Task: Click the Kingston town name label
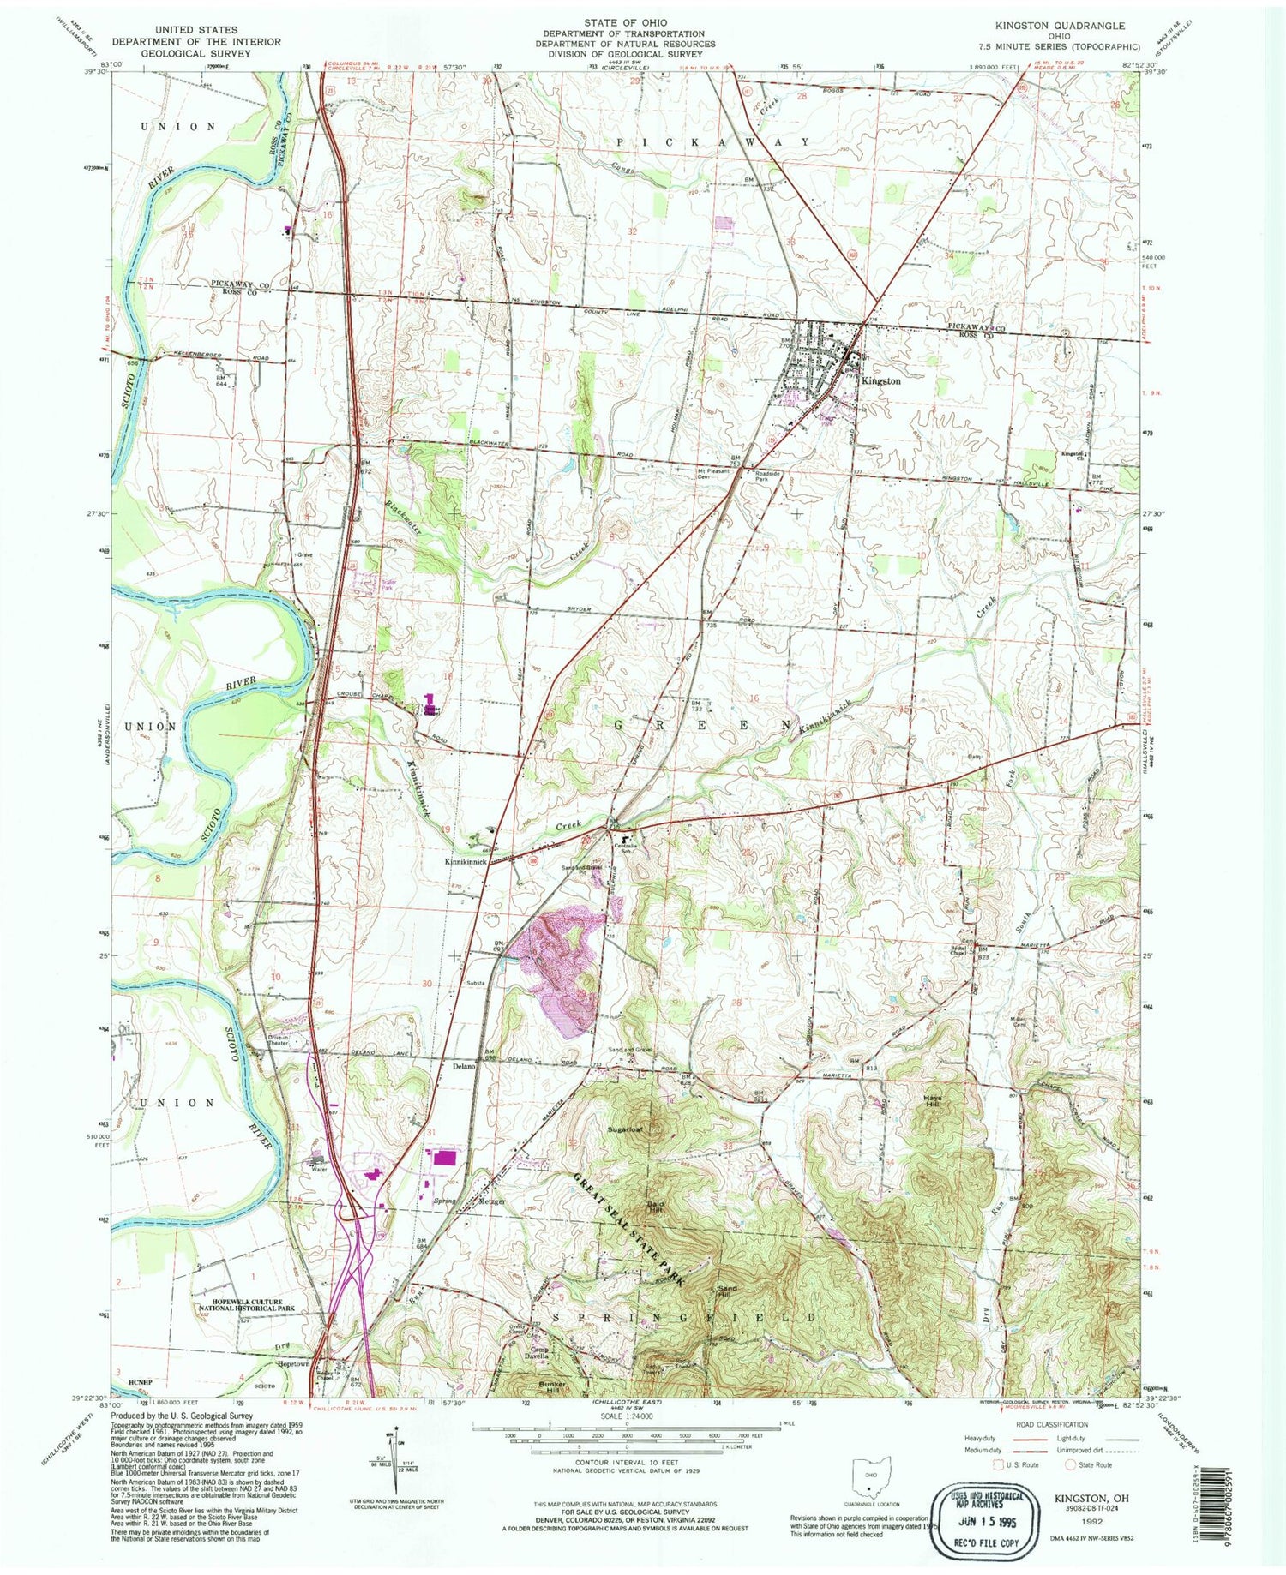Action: tap(880, 380)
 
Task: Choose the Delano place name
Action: tap(465, 1069)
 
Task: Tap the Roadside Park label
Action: tap(767, 476)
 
